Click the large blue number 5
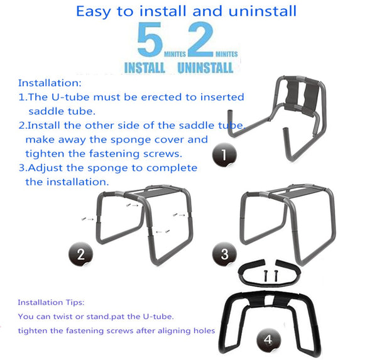pos(150,39)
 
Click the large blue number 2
pos(201,39)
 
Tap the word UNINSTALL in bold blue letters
pos(205,68)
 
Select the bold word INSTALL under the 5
pos(145,68)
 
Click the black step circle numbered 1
pos(224,155)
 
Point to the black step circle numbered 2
pos(81,254)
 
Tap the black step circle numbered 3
pos(224,254)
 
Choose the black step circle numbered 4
pos(268,340)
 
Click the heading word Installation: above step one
pos(50,83)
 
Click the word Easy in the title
pos(94,11)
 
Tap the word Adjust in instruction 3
pos(45,168)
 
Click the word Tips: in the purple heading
pos(75,302)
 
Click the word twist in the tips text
pos(63,317)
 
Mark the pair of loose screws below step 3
pos(270,276)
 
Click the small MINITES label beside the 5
pos(175,54)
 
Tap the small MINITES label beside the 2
pos(226,54)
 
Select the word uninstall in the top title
pos(262,11)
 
